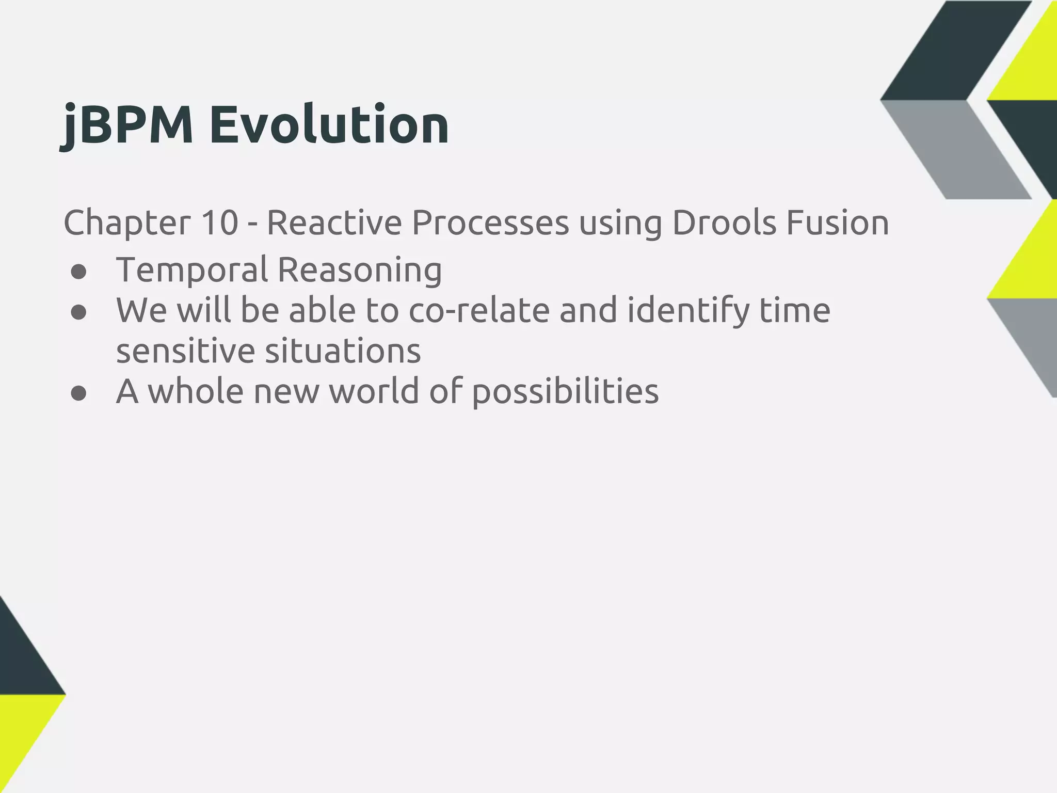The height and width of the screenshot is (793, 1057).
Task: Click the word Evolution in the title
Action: coord(329,125)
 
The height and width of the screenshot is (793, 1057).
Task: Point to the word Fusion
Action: coord(837,223)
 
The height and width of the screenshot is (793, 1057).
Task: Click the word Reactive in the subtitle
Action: coord(334,223)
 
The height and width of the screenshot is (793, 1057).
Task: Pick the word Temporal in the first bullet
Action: coord(192,270)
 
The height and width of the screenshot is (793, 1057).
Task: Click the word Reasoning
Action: coord(360,270)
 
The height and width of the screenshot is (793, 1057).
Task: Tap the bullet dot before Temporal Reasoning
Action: coord(78,272)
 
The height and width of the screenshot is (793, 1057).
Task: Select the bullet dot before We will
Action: coord(78,313)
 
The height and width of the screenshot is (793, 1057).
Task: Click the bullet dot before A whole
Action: coord(78,394)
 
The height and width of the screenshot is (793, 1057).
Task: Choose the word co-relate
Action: coord(479,311)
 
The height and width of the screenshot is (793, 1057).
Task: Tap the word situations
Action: coord(343,352)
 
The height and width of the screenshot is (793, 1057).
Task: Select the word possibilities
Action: coord(565,392)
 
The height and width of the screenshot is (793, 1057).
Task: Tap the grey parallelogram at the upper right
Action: coord(955,150)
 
